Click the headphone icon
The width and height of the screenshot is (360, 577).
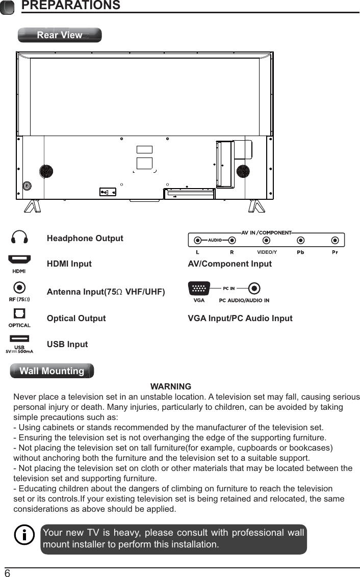[19, 237]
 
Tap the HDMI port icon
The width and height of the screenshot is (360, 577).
[19, 260]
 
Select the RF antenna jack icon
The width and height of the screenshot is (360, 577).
[19, 288]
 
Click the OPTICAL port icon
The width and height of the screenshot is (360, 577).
[19, 315]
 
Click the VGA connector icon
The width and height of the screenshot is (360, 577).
[199, 288]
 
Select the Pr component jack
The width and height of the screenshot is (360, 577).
[335, 240]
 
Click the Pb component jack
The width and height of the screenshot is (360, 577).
[301, 240]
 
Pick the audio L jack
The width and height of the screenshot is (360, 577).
[197, 240]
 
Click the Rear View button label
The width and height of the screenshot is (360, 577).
[60, 35]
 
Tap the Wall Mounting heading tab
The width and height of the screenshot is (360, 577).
[52, 371]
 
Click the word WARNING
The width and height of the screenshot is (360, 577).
[171, 386]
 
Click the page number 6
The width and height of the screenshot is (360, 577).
[8, 573]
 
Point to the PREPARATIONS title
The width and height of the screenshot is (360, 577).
[71, 6]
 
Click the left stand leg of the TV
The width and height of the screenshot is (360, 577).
[33, 205]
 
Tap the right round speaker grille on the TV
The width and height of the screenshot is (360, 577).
[243, 171]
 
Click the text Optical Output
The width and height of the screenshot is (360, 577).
[76, 318]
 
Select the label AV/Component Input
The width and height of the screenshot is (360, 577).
[230, 264]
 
